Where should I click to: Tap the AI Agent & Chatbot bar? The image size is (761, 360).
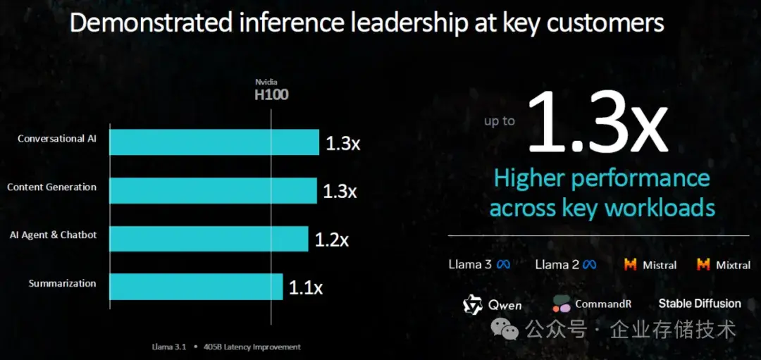209,239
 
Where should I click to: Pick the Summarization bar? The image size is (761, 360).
197,287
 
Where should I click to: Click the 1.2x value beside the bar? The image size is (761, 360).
332,240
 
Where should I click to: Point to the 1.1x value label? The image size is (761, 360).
306,287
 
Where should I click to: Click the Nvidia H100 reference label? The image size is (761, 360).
271,89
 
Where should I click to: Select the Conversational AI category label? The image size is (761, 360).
57,139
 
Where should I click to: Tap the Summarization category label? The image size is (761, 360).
62,283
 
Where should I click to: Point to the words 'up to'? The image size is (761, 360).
500,121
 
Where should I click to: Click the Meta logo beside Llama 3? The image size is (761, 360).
503,265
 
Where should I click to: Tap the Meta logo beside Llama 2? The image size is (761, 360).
589,265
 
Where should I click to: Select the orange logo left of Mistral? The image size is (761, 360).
631,265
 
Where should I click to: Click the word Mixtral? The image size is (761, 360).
733,266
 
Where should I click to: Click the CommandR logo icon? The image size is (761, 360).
562,304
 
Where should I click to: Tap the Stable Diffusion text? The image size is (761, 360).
700,304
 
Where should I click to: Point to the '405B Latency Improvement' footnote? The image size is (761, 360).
252,347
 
